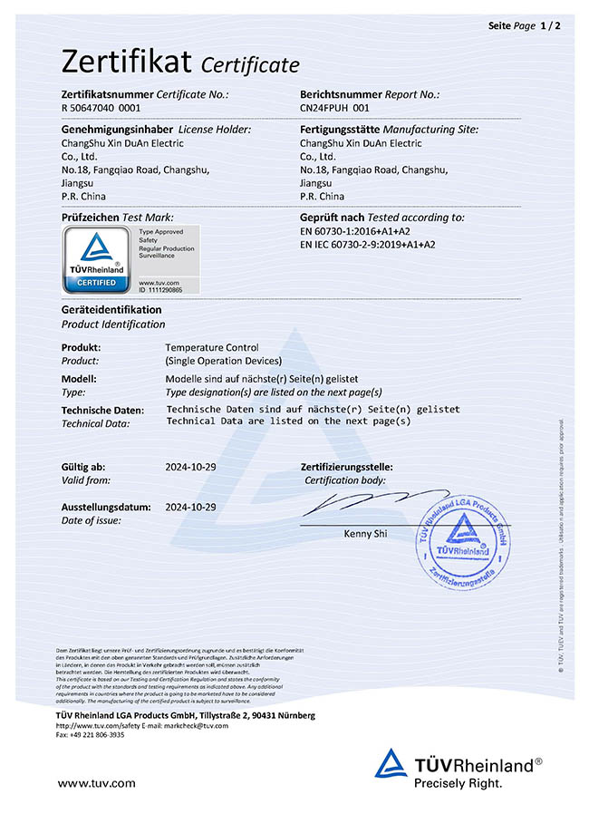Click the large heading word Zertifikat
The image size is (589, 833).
127,61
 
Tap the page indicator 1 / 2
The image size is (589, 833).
551,26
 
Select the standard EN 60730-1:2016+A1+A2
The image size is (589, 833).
361,231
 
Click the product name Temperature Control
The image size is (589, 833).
211,347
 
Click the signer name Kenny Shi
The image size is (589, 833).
365,534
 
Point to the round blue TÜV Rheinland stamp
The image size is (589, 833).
464,545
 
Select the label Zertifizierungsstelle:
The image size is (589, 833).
346,467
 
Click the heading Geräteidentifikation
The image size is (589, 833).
111,310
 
